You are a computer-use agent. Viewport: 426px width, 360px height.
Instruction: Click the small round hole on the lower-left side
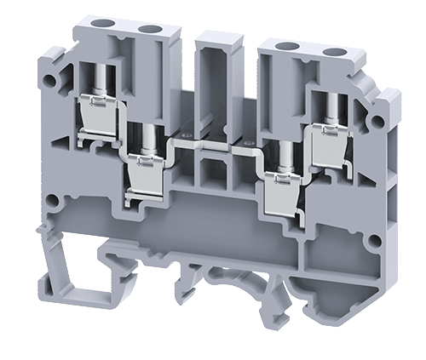pyautogui.click(x=53, y=203)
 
